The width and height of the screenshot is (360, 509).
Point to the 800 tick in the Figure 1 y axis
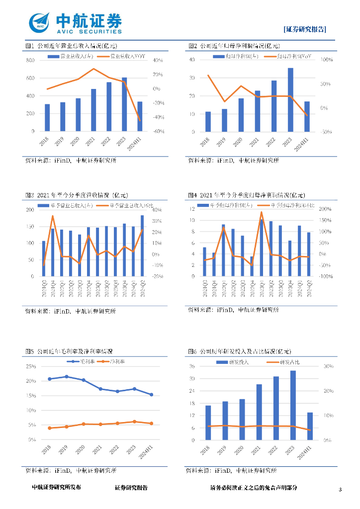pos(30,60)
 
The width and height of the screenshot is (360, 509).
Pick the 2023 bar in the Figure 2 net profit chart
pos(290,99)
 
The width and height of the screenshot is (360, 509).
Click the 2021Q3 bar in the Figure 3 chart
pos(44,258)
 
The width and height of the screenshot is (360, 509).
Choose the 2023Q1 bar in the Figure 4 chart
pos(262,248)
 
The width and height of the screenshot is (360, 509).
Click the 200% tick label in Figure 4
pos(324,209)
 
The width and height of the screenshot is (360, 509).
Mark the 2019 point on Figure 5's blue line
pos(67,377)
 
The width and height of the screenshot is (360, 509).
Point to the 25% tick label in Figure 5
pos(31,366)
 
